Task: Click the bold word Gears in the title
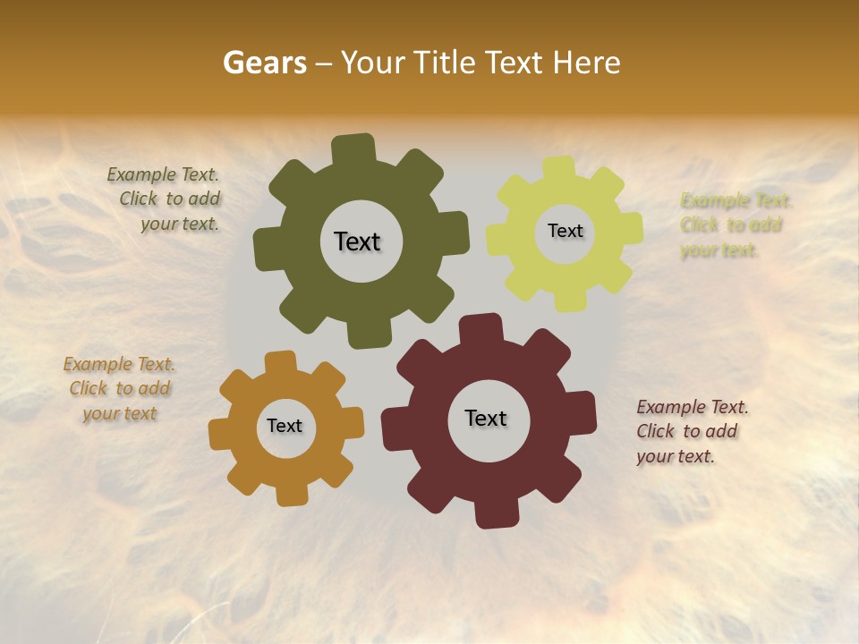click(x=264, y=63)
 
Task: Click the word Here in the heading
click(x=586, y=63)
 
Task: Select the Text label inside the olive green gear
click(x=357, y=241)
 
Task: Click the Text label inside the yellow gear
click(x=565, y=231)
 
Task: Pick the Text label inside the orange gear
click(x=285, y=426)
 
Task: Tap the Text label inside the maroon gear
click(x=486, y=418)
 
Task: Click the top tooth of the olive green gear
click(x=353, y=148)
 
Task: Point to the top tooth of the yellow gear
click(x=559, y=168)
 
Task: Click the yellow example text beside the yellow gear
click(x=734, y=225)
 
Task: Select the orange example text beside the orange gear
click(x=119, y=389)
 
